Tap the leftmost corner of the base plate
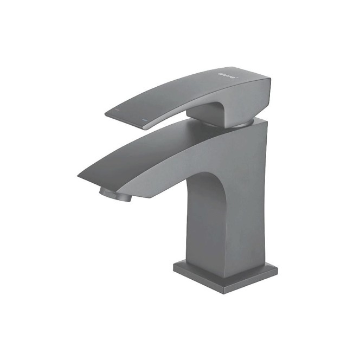174,265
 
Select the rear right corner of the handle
270,81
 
